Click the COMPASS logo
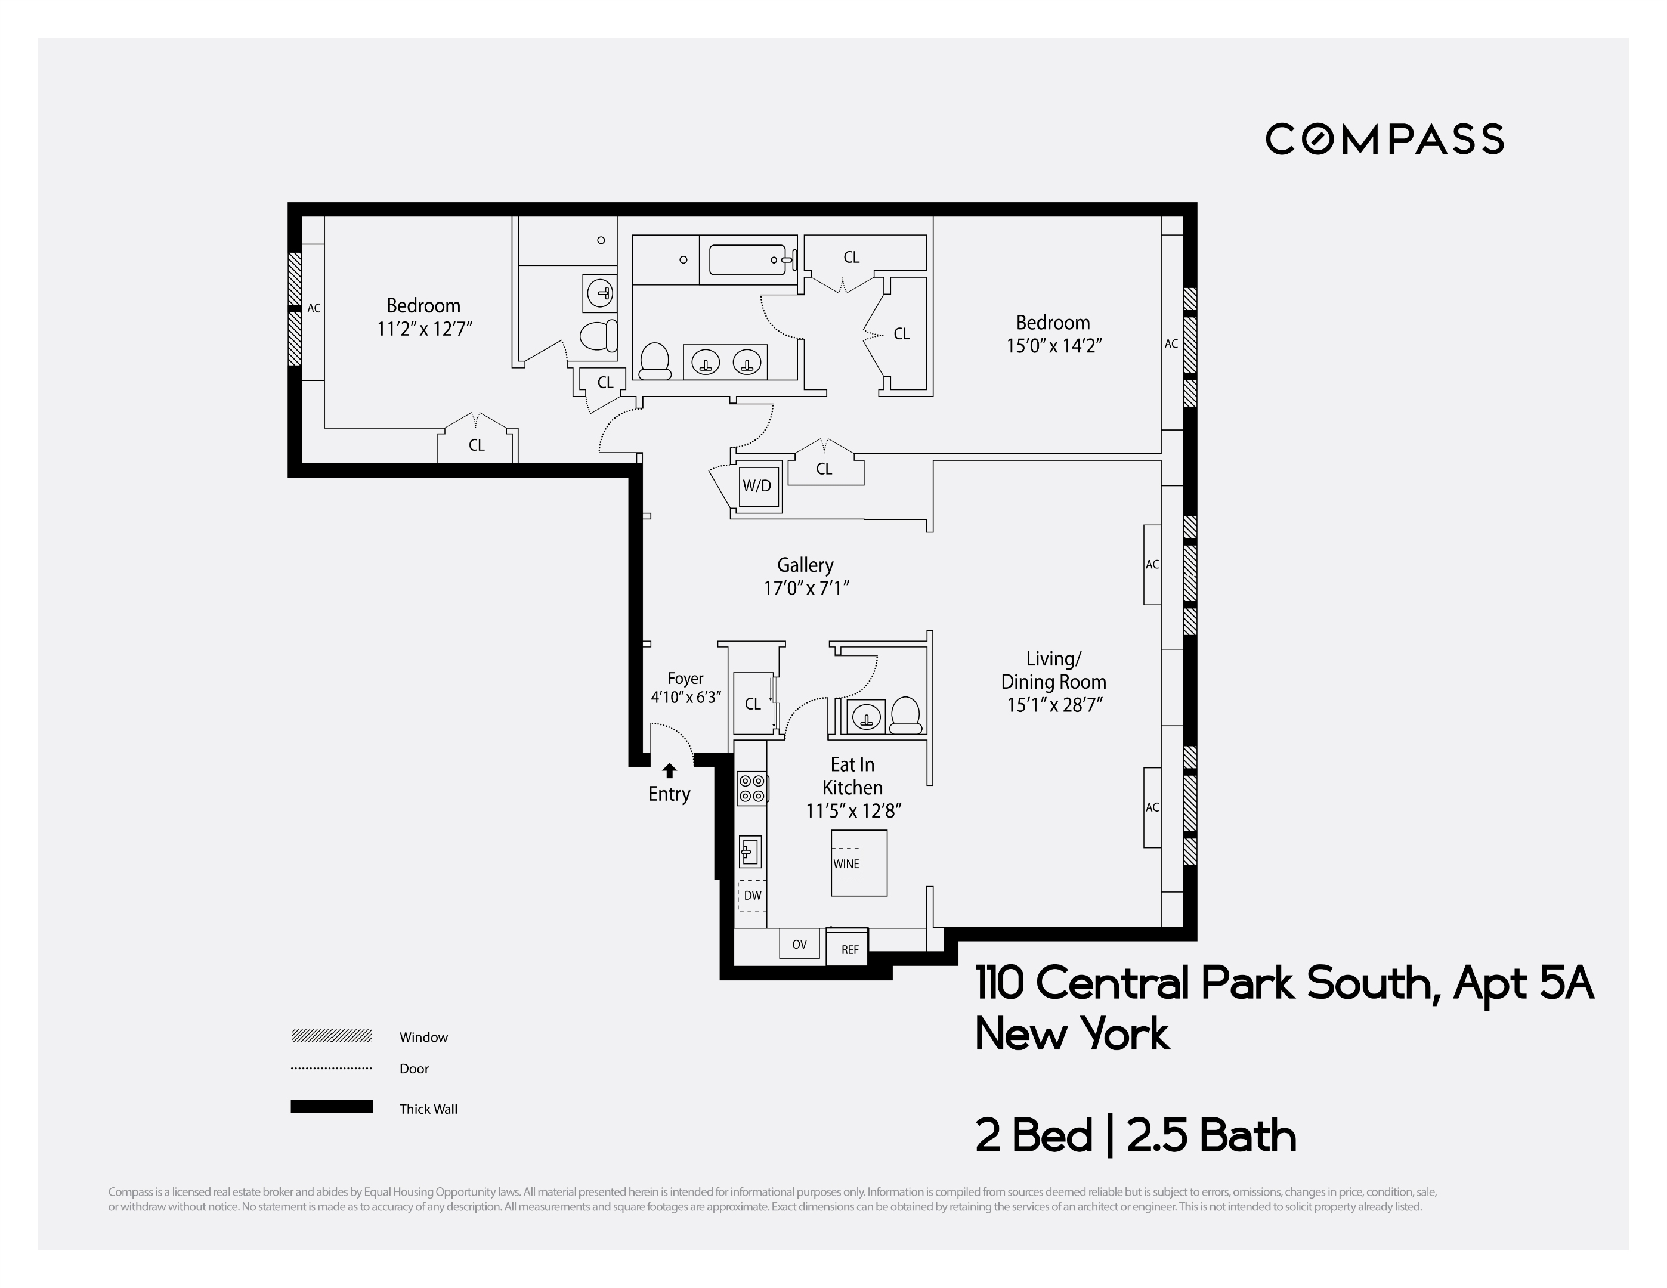coord(1384,139)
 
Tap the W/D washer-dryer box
coord(758,486)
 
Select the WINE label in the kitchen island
coord(846,864)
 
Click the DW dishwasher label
coord(753,896)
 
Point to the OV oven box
coord(799,944)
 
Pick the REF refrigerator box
coord(849,949)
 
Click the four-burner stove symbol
coord(752,788)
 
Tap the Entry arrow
coord(669,770)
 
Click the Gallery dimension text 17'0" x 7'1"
coord(806,589)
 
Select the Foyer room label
coord(685,679)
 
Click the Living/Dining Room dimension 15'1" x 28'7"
coord(1053,705)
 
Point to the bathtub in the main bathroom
coord(748,259)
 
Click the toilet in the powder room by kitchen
coord(905,716)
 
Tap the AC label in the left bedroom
coord(314,309)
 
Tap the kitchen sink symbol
coord(750,852)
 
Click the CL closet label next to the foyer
coord(753,704)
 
